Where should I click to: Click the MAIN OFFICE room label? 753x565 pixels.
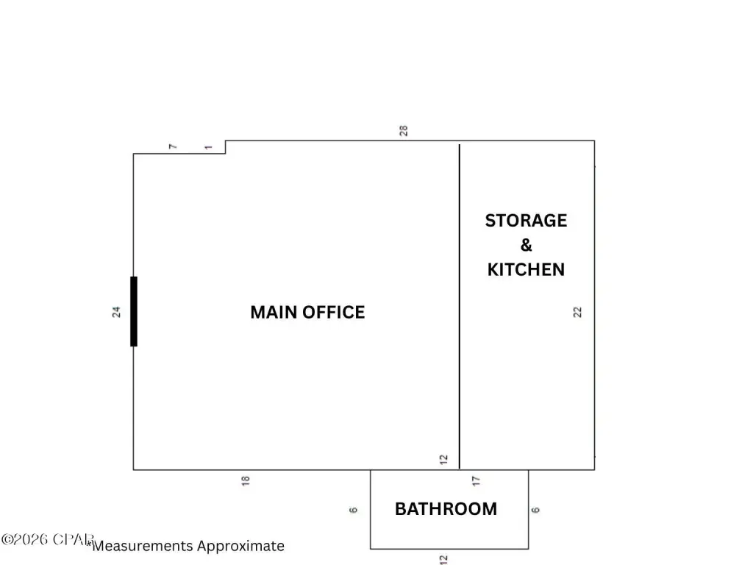click(307, 312)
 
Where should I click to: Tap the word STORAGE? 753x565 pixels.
click(526, 221)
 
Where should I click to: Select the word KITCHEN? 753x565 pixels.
click(526, 269)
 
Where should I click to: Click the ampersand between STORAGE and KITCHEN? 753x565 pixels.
click(527, 245)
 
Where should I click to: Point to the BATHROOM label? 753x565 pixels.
click(446, 508)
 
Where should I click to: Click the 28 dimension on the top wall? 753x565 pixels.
click(404, 131)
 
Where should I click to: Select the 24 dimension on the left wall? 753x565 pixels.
click(116, 312)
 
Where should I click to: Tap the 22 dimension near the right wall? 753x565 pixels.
click(578, 312)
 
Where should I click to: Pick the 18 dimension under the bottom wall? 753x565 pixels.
click(246, 480)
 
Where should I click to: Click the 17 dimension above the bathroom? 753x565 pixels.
click(477, 480)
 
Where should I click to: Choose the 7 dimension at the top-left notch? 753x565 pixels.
click(174, 147)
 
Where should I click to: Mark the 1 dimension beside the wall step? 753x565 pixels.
click(209, 147)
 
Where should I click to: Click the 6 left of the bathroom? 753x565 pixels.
click(354, 509)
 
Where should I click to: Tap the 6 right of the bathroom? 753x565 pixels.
click(536, 509)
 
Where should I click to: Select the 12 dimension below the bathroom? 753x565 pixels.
click(443, 559)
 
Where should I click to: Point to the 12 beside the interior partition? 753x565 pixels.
click(443, 460)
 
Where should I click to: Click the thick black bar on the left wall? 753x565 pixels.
click(133, 311)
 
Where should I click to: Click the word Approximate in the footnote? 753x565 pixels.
click(240, 546)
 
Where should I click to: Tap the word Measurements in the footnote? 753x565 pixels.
click(143, 546)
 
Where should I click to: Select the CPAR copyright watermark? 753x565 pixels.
click(47, 539)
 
